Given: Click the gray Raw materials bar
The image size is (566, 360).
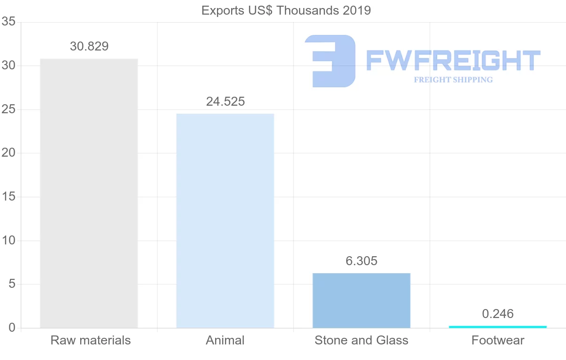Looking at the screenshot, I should [89, 193].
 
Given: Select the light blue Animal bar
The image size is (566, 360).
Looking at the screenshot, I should [225, 221].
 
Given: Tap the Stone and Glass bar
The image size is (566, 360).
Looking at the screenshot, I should [361, 301].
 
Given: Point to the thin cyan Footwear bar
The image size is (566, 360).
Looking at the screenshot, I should [498, 327].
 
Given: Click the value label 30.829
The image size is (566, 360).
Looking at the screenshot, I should [89, 46].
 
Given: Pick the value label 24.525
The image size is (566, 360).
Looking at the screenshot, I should [225, 101].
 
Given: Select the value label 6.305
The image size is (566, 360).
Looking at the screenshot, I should [362, 261].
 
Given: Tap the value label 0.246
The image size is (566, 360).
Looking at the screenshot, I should [498, 314].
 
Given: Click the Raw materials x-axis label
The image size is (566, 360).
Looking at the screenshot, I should [91, 340].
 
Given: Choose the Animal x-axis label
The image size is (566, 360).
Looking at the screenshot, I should [225, 340].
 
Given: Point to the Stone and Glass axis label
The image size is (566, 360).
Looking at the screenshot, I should [361, 340].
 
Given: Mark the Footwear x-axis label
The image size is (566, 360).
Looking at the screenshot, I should [498, 340].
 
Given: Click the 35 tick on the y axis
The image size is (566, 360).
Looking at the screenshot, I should [8, 22].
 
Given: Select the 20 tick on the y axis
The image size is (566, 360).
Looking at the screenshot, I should [8, 153].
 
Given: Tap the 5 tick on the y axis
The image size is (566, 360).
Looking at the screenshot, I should [12, 285].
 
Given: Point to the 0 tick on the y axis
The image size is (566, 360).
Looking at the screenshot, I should [12, 328].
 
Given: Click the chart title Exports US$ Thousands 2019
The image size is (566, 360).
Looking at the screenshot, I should [286, 10].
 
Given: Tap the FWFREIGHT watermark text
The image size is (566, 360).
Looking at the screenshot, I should [453, 60].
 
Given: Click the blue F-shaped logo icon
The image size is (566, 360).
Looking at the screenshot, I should [330, 61].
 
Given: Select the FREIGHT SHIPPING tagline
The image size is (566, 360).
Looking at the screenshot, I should [453, 80].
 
